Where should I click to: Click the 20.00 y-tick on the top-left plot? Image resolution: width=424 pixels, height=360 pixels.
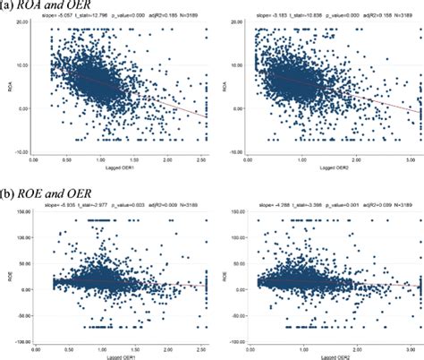coord(21,30)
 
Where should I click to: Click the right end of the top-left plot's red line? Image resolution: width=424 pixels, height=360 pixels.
coord(205,116)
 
